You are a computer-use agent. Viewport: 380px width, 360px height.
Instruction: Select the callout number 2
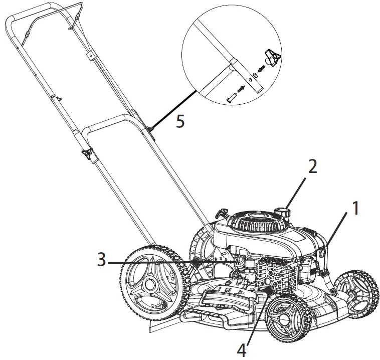[312, 166]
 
